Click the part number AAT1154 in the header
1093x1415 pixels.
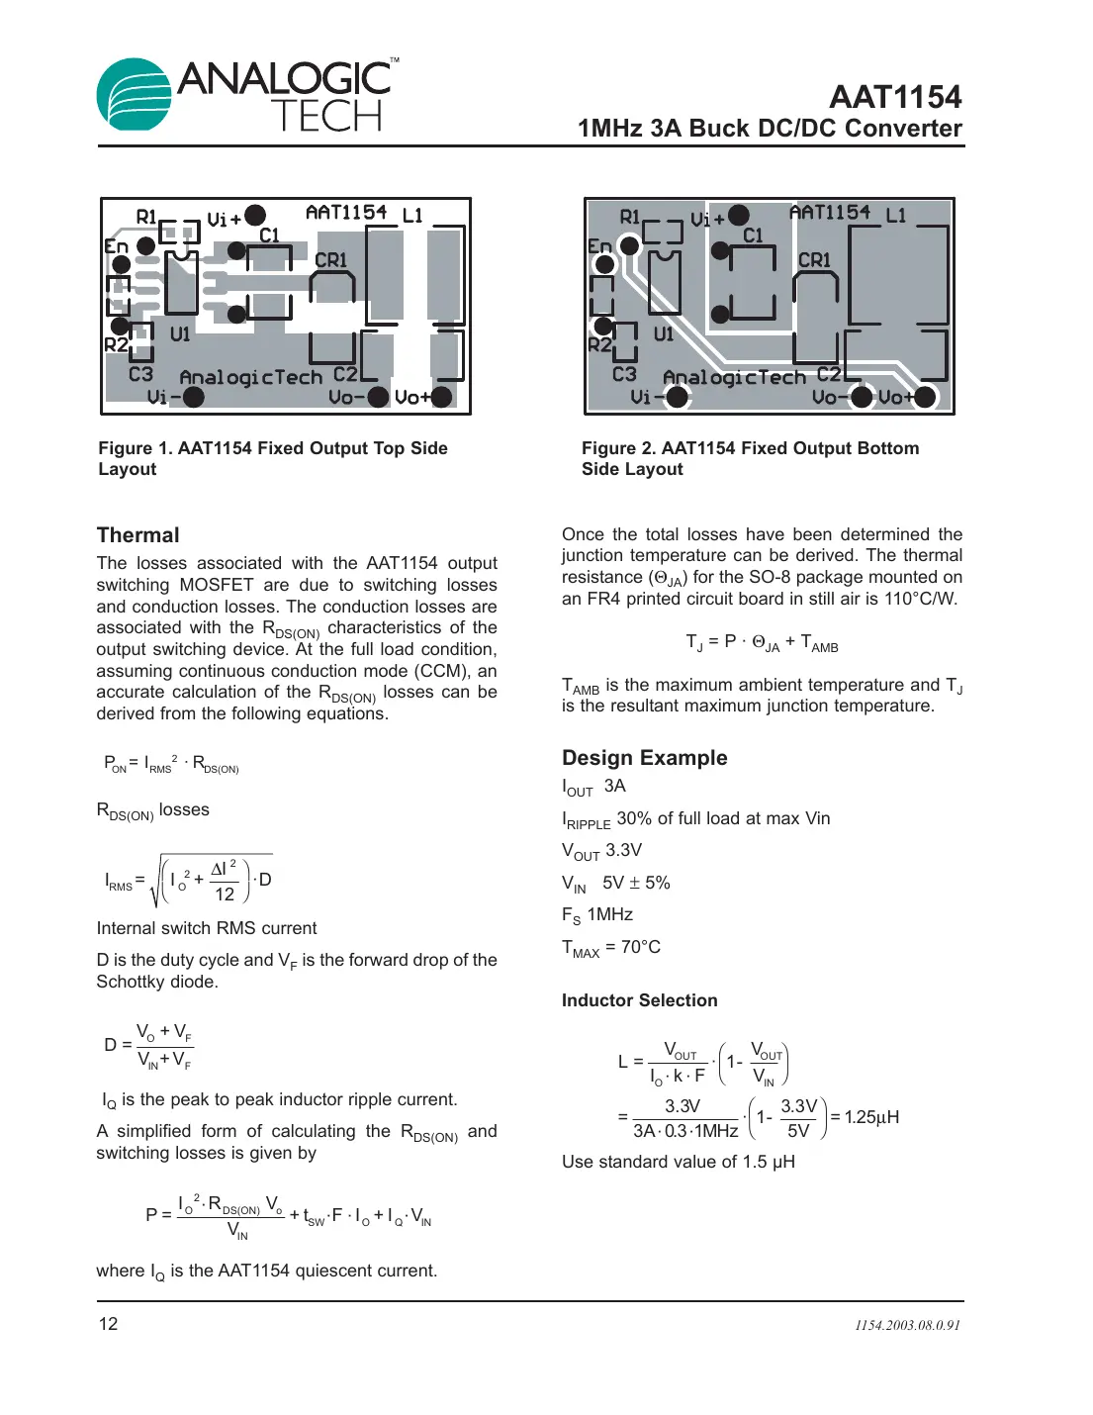pyautogui.click(x=894, y=97)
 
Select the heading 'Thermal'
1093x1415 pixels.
pyautogui.click(x=137, y=535)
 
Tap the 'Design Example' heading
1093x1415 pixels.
pyautogui.click(x=644, y=758)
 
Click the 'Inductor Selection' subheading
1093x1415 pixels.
pyautogui.click(x=639, y=1000)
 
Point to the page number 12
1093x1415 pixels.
pyautogui.click(x=108, y=1324)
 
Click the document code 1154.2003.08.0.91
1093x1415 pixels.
pyautogui.click(x=907, y=1325)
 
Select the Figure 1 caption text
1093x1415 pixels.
pyautogui.click(x=272, y=458)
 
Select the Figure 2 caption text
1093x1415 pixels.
pyautogui.click(x=750, y=458)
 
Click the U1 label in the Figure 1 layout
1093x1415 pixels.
pyautogui.click(x=180, y=334)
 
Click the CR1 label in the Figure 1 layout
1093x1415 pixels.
pyautogui.click(x=330, y=260)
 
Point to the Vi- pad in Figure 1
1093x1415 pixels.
pyautogui.click(x=194, y=397)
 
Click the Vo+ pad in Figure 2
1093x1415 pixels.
pyautogui.click(x=925, y=397)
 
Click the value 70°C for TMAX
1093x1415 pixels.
pyautogui.click(x=640, y=947)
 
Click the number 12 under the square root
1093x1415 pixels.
pyautogui.click(x=225, y=895)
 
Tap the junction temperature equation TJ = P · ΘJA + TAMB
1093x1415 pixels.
pyautogui.click(x=762, y=643)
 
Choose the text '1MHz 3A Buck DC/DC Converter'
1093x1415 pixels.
pyautogui.click(x=770, y=129)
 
